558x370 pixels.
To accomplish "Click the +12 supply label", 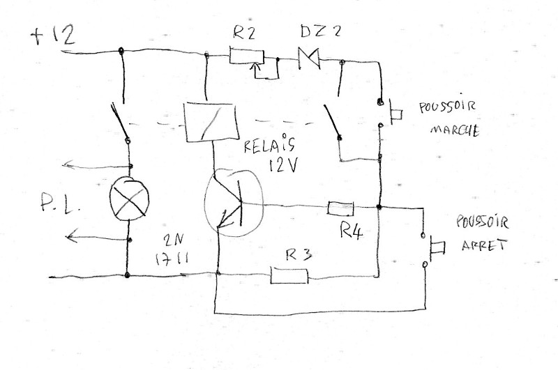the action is (x=53, y=36).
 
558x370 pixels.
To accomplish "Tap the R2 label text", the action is (x=244, y=33).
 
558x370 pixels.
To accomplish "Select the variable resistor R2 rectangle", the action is (x=247, y=56).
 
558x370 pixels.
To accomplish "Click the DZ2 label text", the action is (x=320, y=31).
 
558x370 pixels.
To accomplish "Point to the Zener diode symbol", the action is (x=309, y=59).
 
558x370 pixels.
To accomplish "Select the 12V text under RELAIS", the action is (x=283, y=165).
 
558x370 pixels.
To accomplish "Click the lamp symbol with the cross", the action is (x=129, y=199).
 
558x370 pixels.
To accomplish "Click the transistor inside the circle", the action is (x=234, y=203).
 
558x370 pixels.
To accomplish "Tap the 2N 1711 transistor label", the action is (x=172, y=250).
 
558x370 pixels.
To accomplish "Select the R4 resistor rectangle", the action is (x=340, y=208).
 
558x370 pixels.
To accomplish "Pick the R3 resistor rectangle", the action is (x=289, y=275).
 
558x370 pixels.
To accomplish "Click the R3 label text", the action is (x=299, y=255).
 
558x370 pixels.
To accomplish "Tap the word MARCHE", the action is (x=455, y=130).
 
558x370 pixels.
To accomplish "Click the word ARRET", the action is (x=484, y=245).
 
